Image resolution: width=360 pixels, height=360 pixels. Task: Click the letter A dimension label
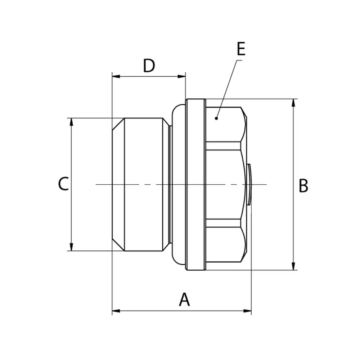(184, 300)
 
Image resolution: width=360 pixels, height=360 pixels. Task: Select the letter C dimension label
(63, 184)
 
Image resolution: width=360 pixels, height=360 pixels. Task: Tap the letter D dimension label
(149, 66)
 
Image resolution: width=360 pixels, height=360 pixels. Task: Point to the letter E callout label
(241, 49)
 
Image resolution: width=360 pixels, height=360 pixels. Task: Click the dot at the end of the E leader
(216, 118)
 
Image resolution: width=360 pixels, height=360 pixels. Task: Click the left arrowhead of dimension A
(116, 311)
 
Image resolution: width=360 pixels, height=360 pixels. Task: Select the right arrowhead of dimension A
(247, 311)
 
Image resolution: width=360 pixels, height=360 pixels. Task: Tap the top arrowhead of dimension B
(293, 103)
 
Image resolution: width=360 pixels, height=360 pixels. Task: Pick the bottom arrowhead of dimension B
(293, 266)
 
